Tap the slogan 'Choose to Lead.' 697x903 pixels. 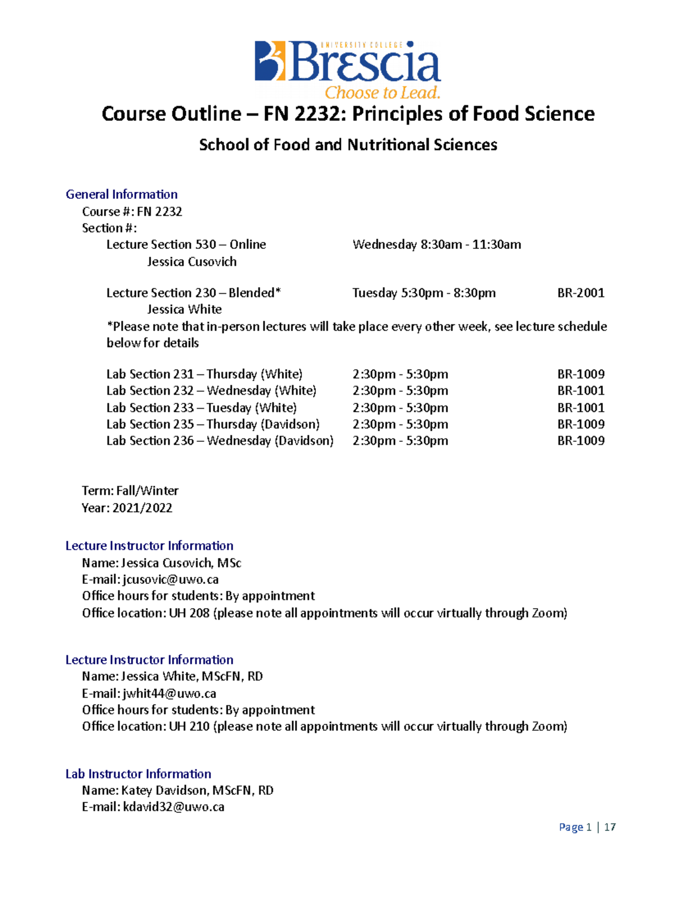point(382,93)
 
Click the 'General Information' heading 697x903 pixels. point(121,194)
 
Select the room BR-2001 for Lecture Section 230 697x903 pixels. point(581,292)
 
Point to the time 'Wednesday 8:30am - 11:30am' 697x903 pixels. point(436,244)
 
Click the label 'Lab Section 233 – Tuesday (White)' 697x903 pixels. point(201,408)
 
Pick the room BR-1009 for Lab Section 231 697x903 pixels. point(581,374)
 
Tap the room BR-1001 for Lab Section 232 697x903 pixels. point(581,391)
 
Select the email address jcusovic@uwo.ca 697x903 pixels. point(171,579)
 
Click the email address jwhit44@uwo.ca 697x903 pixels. point(170,693)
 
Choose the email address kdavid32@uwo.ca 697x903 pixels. point(174,807)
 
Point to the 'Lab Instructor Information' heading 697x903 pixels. point(138,774)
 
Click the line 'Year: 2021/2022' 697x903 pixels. point(127,508)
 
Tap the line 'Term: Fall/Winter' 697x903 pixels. point(130,491)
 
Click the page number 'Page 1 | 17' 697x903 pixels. point(587,827)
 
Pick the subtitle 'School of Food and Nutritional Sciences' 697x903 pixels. point(348,145)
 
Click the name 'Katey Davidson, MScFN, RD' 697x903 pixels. point(197,790)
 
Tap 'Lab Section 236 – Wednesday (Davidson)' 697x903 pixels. point(220,441)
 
